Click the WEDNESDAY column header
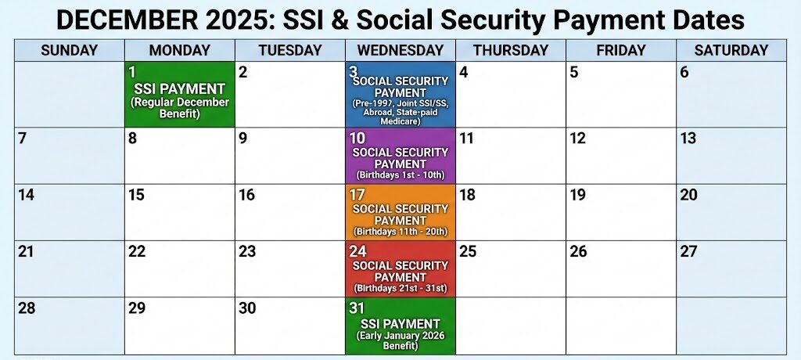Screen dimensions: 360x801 point(400,50)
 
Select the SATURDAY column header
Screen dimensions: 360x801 point(731,50)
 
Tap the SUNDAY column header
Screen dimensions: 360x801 point(69,50)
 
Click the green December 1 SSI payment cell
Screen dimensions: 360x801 point(179,95)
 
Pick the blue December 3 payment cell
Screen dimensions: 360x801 point(400,95)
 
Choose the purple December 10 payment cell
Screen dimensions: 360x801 point(400,156)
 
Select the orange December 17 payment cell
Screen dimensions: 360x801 point(400,212)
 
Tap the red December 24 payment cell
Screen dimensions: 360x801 point(400,268)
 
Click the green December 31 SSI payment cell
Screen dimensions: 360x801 point(400,326)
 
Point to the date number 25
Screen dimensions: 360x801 point(468,251)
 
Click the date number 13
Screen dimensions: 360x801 point(688,139)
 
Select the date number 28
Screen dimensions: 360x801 point(26,308)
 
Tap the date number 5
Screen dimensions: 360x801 point(574,73)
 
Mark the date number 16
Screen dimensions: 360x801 point(246,195)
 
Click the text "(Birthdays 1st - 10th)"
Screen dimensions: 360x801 point(400,175)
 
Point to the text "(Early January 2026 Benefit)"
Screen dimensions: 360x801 point(400,341)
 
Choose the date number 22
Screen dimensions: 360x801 point(137,251)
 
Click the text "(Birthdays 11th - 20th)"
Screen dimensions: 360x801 point(400,231)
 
